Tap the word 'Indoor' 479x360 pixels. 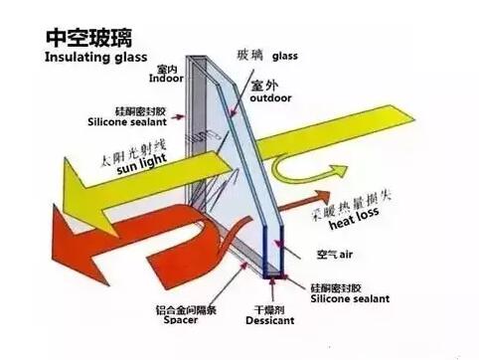point(166,78)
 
